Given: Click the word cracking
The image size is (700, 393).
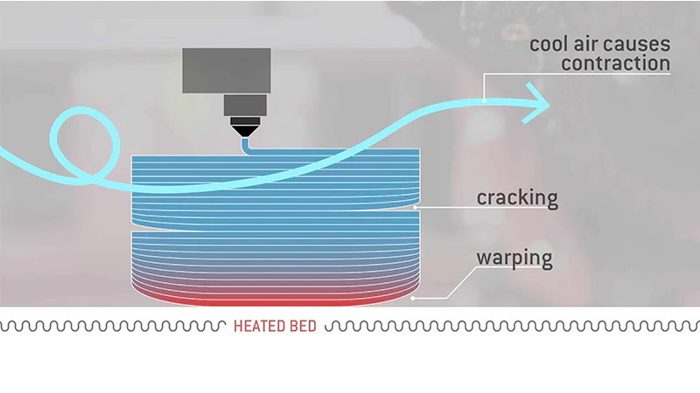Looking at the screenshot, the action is pyautogui.click(x=517, y=199).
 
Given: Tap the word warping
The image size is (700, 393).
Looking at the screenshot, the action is pyautogui.click(x=514, y=259).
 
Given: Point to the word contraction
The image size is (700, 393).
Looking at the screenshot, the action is pyautogui.click(x=616, y=64).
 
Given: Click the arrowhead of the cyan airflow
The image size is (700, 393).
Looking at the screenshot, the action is pyautogui.click(x=537, y=103).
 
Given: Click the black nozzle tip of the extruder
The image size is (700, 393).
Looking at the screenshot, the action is pyautogui.click(x=245, y=131).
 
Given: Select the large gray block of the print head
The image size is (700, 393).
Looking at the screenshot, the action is pyautogui.click(x=227, y=71).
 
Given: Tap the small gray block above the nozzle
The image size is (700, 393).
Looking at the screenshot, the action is pyautogui.click(x=245, y=105).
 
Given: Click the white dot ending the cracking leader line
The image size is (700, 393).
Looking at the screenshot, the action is pyautogui.click(x=415, y=207).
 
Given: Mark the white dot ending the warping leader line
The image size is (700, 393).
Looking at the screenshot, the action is pyautogui.click(x=413, y=298).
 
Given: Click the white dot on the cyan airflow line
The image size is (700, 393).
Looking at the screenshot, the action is pyautogui.click(x=485, y=100).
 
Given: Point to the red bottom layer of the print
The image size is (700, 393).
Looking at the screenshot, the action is pyautogui.click(x=276, y=302).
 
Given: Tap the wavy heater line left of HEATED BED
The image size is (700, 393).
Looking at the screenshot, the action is pyautogui.click(x=113, y=326).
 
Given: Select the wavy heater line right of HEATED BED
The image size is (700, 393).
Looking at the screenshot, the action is pyautogui.click(x=512, y=326).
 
